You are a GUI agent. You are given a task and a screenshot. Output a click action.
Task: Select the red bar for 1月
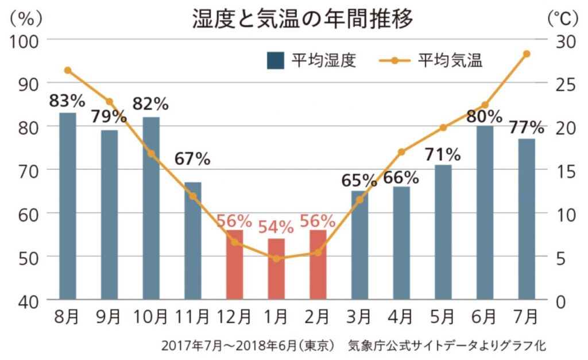click(276, 269)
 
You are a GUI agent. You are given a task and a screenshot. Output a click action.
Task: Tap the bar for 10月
click(151, 208)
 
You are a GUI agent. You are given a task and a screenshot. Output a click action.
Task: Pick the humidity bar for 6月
click(485, 212)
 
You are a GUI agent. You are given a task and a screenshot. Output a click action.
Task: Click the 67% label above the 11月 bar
click(192, 159)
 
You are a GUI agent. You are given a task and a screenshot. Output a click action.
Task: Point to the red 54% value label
click(276, 226)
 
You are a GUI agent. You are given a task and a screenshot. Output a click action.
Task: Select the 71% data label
click(443, 154)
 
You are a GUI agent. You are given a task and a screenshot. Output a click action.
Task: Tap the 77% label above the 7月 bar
click(526, 126)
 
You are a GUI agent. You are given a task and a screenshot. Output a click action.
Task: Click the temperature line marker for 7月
click(527, 54)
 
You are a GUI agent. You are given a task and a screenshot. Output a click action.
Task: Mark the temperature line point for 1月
click(276, 258)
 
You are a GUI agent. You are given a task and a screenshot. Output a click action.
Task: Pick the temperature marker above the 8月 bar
click(68, 71)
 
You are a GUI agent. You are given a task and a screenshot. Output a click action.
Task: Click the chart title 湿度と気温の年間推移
click(303, 20)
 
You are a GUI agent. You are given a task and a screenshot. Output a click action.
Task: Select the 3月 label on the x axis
click(359, 316)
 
